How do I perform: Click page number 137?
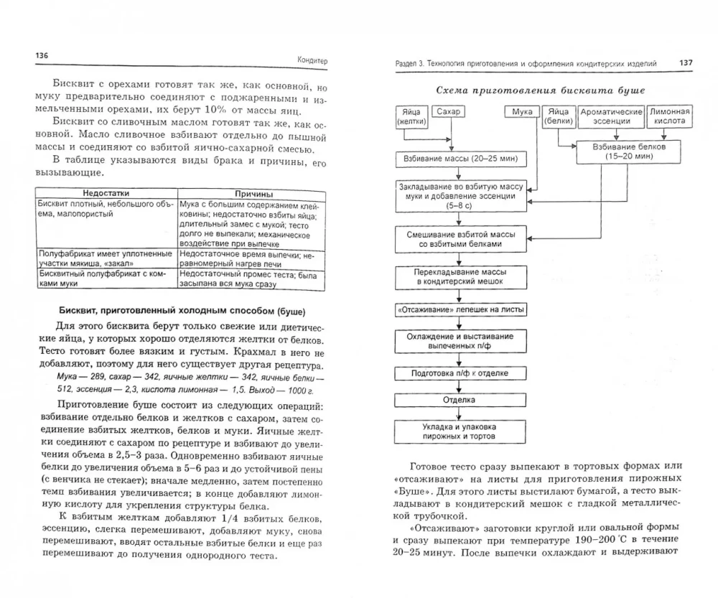tap(685, 63)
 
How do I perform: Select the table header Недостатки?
tap(104, 194)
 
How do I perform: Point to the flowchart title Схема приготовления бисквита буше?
tap(541, 90)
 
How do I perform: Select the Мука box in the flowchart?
tap(522, 112)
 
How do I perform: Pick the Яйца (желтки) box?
tap(411, 116)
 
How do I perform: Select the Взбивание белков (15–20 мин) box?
tap(617, 150)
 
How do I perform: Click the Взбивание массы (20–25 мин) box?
tap(460, 157)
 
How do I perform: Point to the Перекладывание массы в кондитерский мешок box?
tap(460, 277)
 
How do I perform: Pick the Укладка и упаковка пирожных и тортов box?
tap(460, 431)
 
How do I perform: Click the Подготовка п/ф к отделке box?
tap(460, 373)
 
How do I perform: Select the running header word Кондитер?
tap(312, 61)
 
